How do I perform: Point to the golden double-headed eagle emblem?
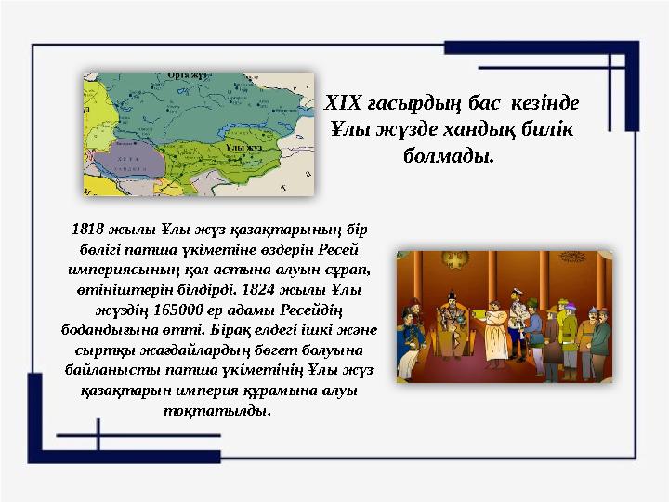pyautogui.click(x=448, y=271)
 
